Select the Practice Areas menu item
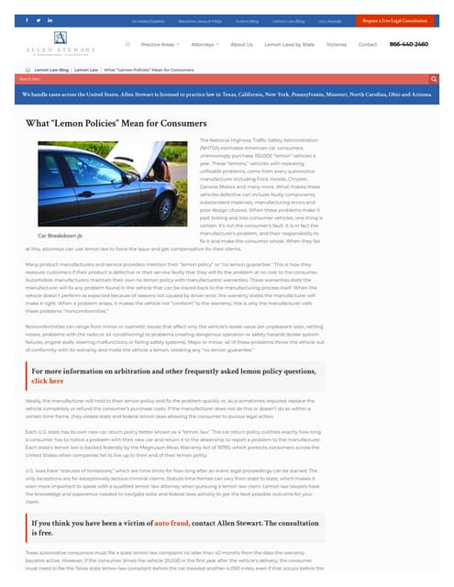[161, 44]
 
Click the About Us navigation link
[241, 44]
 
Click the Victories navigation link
[337, 44]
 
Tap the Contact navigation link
[367, 44]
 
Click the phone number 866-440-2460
[409, 44]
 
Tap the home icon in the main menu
[127, 44]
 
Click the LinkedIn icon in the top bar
[50, 19]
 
